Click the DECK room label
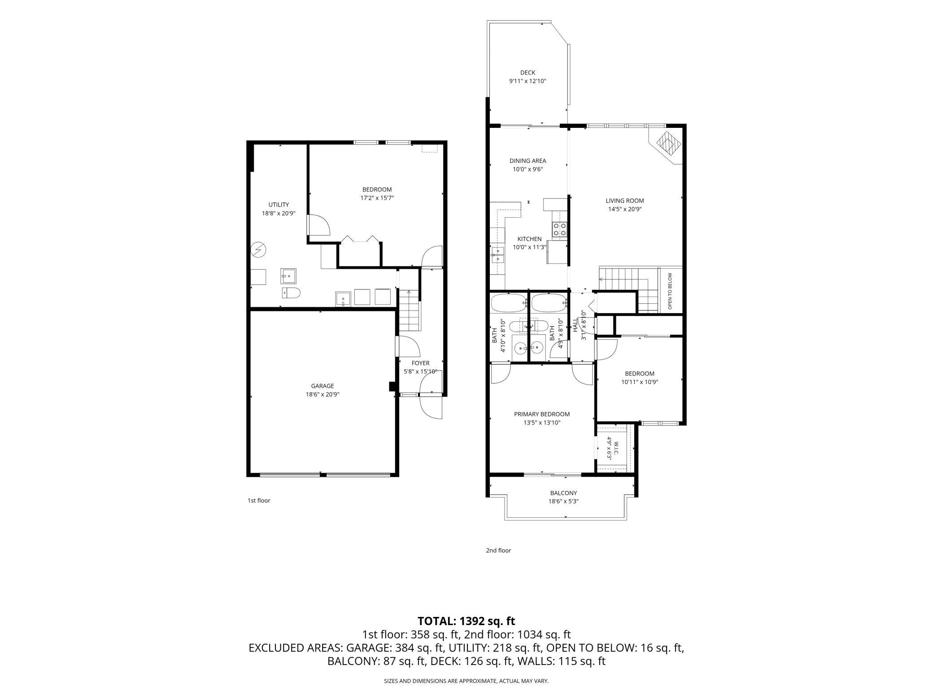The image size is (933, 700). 528,73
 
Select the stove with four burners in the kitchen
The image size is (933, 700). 560,229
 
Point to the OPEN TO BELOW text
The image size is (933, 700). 670,291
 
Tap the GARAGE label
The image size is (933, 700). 323,386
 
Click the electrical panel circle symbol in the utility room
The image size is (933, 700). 258,249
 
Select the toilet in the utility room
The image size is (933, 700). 291,293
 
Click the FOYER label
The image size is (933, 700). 420,363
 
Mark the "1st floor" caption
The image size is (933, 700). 259,500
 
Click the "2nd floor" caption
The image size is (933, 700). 498,550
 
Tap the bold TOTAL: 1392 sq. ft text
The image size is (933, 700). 466,621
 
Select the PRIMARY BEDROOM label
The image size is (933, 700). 542,414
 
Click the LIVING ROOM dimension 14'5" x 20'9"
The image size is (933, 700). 625,209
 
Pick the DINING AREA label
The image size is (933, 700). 528,161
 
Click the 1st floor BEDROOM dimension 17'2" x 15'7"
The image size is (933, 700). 377,198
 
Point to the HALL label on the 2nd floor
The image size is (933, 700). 575,325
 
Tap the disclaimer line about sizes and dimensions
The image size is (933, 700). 466,681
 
